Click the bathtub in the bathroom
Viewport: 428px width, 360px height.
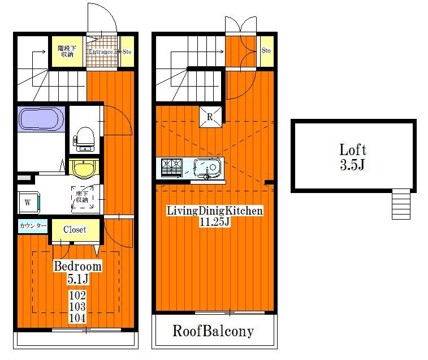click(x=41, y=119)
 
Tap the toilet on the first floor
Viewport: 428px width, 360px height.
click(x=85, y=139)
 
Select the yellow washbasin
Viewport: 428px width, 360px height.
click(x=84, y=168)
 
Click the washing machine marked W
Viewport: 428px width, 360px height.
click(x=29, y=203)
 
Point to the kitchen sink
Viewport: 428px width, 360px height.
click(x=207, y=168)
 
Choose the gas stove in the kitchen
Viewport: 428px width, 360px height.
click(x=172, y=167)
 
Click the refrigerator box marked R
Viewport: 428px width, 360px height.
click(x=210, y=117)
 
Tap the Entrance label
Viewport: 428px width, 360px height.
click(x=101, y=52)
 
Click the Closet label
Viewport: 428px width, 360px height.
click(x=75, y=229)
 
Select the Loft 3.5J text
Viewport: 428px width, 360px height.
click(x=353, y=157)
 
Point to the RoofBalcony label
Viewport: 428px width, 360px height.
click(x=213, y=331)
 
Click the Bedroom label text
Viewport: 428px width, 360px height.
click(x=77, y=266)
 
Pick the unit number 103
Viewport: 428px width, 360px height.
click(x=77, y=307)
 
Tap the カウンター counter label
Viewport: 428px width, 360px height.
click(x=33, y=226)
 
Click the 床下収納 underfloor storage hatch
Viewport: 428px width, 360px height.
click(x=82, y=197)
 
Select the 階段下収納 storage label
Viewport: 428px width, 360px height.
click(x=67, y=52)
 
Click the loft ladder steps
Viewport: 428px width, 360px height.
click(x=401, y=204)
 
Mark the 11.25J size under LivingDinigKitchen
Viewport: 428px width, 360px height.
click(x=214, y=222)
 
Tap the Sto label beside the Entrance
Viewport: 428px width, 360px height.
click(x=127, y=52)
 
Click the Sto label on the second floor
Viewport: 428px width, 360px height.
click(x=266, y=50)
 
